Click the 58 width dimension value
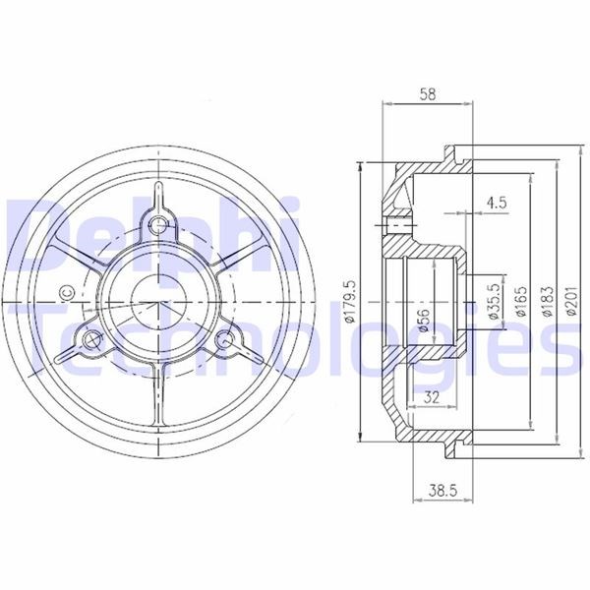coord(428,94)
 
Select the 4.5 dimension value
coord(497,203)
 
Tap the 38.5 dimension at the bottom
coord(442,491)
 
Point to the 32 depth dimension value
coord(432,397)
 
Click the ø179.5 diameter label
coord(349,301)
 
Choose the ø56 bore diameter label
coord(423,321)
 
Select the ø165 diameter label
coord(521,302)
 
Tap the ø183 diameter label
coord(548,302)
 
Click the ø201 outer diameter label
coord(572,301)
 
